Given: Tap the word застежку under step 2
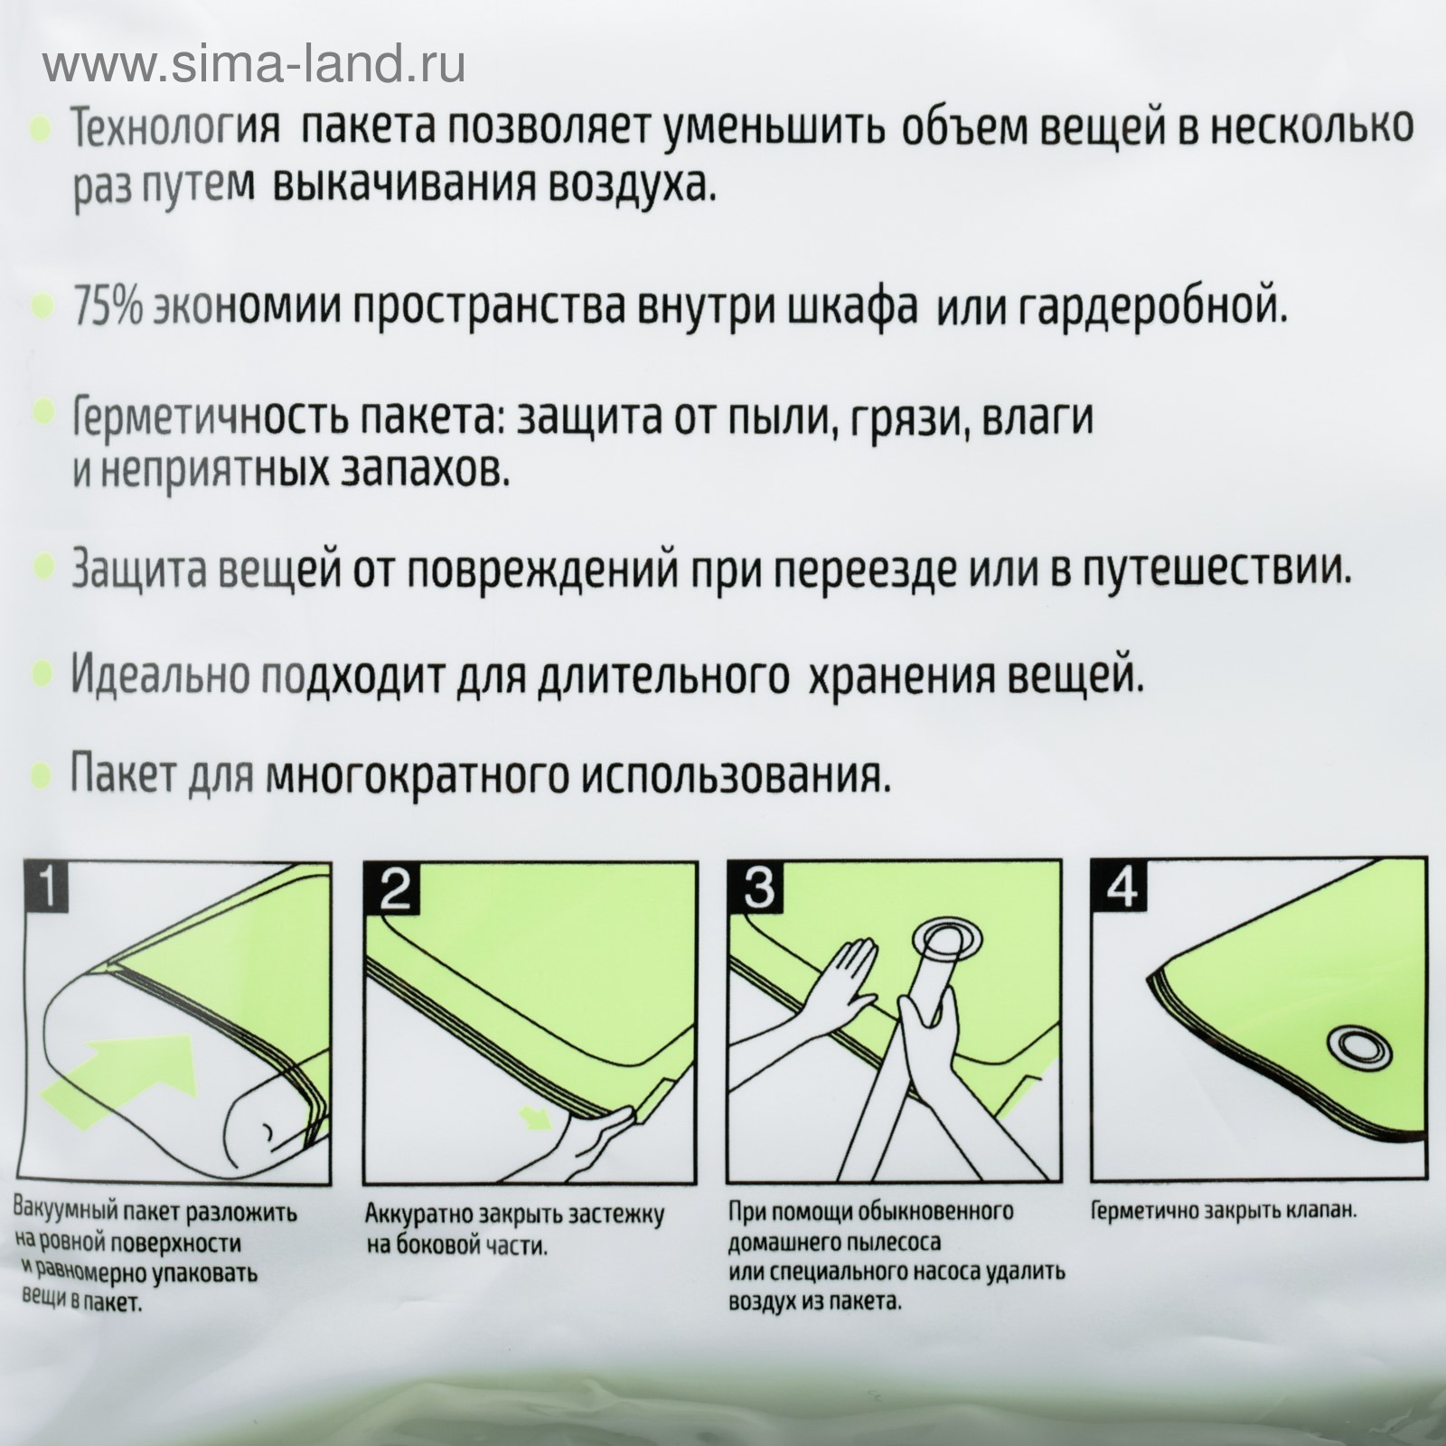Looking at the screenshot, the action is [x=619, y=1216].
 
